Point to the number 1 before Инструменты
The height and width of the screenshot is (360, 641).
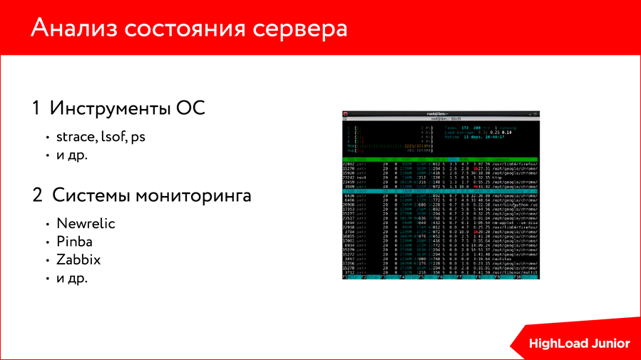[x=36, y=109]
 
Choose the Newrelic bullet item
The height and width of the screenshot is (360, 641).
[x=86, y=223]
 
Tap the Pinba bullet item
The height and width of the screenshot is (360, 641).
[x=75, y=242]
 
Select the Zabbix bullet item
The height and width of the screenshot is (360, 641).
[x=78, y=259]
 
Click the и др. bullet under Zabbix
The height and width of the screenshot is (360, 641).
[x=72, y=278]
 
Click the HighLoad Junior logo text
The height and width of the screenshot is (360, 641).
[x=579, y=344]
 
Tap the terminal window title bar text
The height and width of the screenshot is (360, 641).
[x=440, y=113]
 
